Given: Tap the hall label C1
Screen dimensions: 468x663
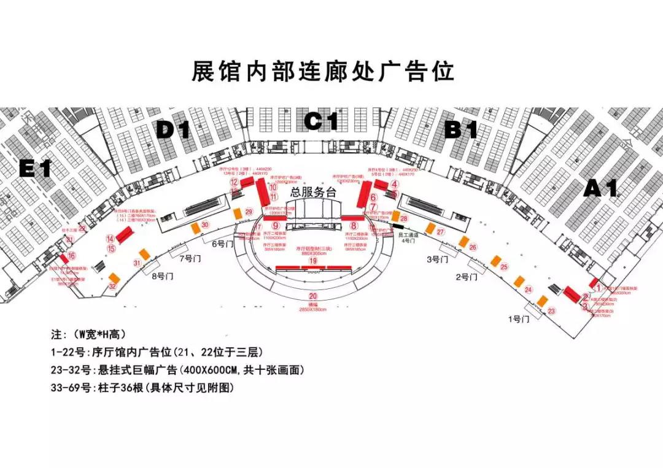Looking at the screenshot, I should [322, 121].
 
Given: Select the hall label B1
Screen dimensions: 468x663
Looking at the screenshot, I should [461, 129].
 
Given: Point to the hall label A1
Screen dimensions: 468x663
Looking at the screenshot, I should [600, 187].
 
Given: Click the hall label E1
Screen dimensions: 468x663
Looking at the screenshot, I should [35, 168].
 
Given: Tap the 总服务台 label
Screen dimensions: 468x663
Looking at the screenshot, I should [314, 192].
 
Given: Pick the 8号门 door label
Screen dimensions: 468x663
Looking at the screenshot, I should [162, 276].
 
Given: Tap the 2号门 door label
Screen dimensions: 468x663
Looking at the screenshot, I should [467, 277].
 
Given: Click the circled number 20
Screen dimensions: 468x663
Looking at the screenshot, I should [313, 297].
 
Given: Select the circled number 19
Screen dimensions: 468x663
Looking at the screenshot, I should [313, 261].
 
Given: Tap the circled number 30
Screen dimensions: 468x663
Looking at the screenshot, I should [205, 224].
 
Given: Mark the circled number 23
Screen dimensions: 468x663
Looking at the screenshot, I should [551, 311].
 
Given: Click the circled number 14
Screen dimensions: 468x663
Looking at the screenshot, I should [110, 239].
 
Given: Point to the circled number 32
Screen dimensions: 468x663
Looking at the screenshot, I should [112, 286].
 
